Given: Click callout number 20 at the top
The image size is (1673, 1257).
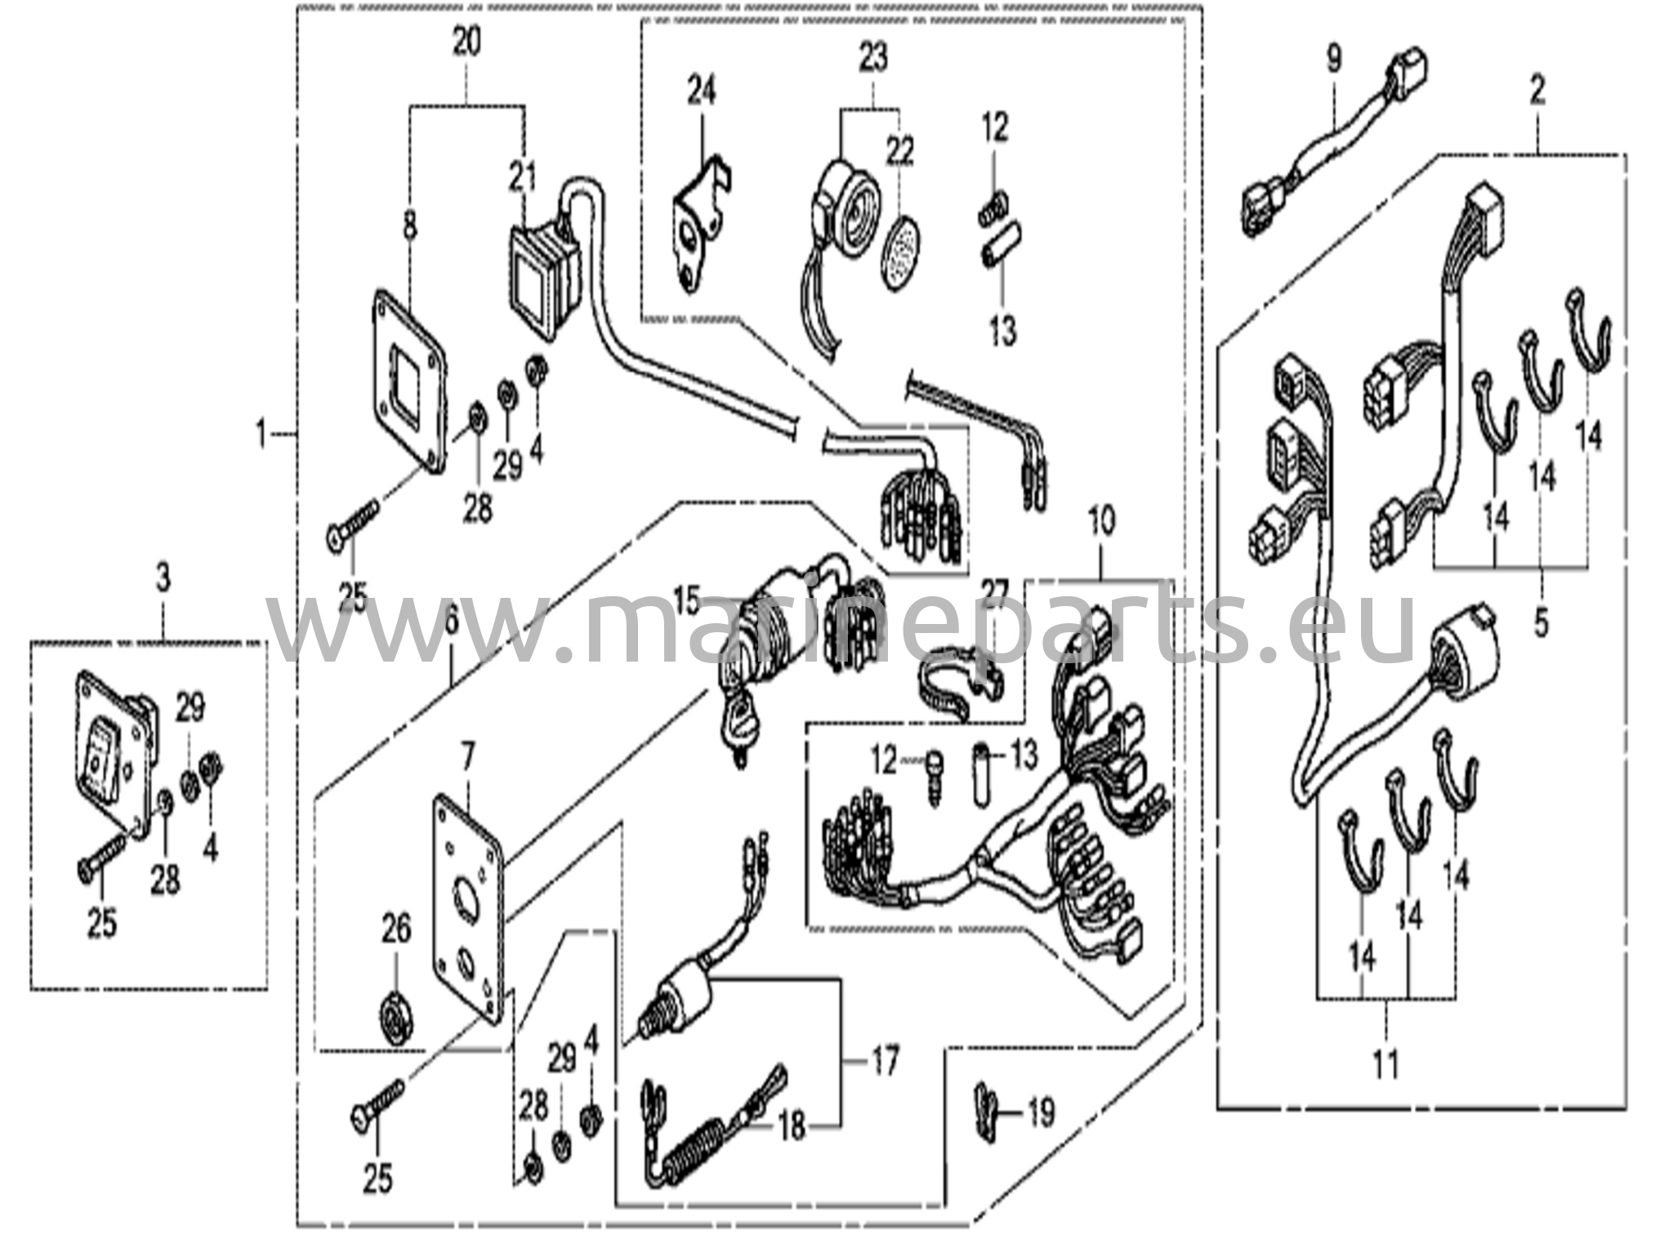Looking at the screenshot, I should point(466,42).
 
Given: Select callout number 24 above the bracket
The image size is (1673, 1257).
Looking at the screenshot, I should point(701,90).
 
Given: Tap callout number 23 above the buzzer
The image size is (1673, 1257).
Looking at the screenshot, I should point(872,58).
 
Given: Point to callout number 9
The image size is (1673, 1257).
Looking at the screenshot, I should point(1333,59).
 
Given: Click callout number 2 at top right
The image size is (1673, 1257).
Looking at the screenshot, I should point(1537,91).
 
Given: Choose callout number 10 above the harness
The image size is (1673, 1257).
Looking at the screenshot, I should point(1101,521).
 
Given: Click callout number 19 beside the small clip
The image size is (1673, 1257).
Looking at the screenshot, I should point(1040,1112).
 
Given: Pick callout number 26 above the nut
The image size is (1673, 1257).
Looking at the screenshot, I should point(396,930).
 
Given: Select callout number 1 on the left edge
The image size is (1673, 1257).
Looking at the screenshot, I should point(261,433).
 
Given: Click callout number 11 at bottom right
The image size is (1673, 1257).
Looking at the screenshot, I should point(1385,1063).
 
